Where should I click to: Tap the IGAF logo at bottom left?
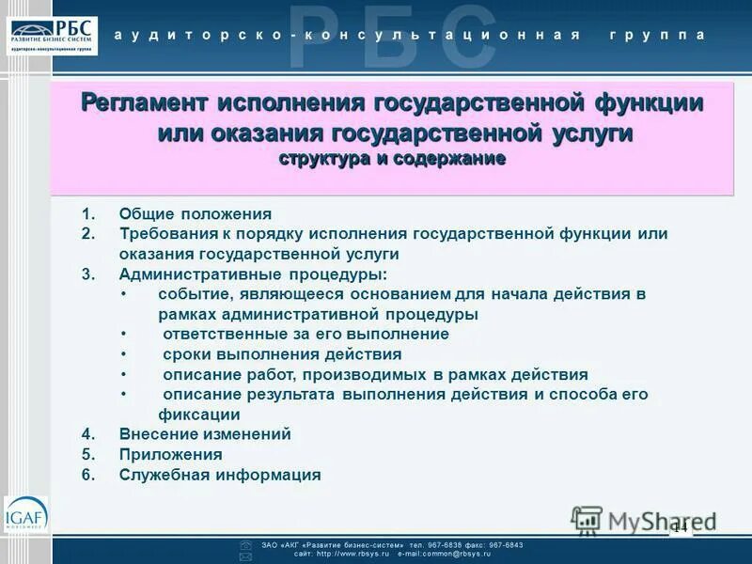pos(25,515)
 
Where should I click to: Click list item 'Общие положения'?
pos(195,213)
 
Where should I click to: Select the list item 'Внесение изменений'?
pos(205,434)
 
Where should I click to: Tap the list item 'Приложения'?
pos(170,455)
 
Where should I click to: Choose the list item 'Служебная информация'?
pos(220,476)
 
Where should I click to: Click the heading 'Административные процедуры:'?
pos(253,274)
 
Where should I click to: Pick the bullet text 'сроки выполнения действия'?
pos(282,354)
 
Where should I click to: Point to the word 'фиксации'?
pos(198,415)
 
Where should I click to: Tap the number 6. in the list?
pos(88,476)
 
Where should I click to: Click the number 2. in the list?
pos(88,233)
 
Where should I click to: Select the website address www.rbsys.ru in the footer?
pos(352,555)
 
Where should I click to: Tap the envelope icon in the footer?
pos(245,556)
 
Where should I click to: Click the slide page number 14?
pos(680,527)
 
